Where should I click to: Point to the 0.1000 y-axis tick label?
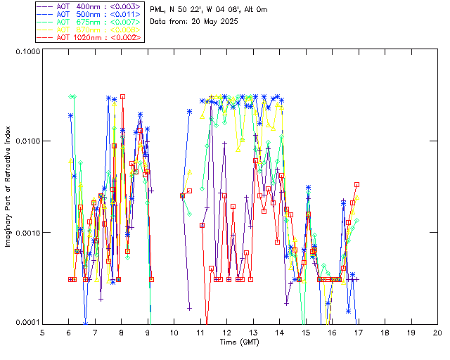(26, 52)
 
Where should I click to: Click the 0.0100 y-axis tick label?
(26, 141)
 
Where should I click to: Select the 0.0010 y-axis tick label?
(26, 232)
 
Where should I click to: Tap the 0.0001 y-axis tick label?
(26, 322)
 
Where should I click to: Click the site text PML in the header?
(157, 10)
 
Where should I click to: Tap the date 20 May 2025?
(214, 22)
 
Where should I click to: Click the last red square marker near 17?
(357, 184)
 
